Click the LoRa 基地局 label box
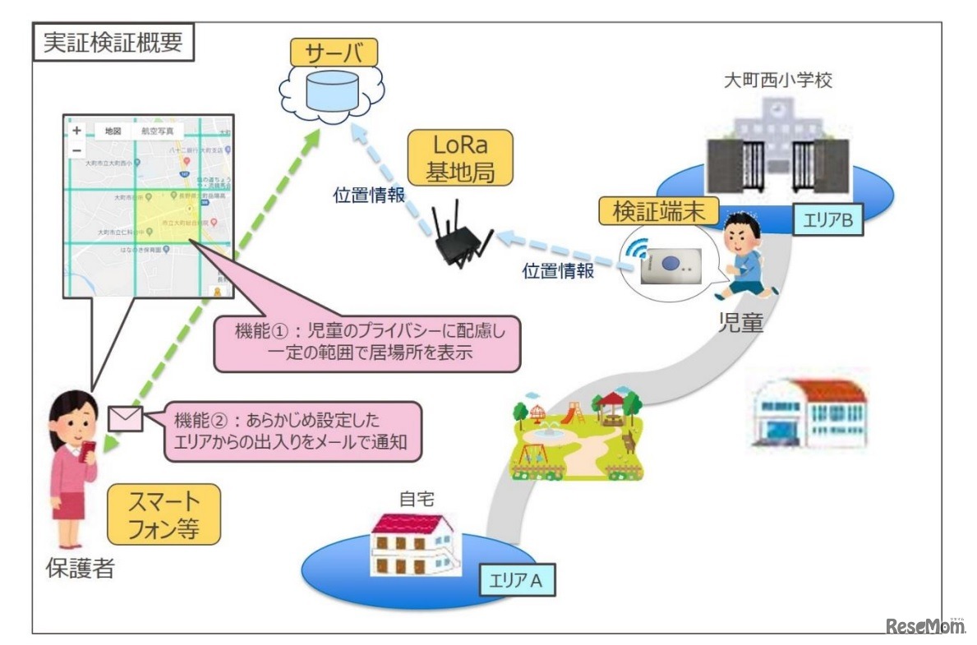459,159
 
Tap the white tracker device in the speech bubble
669,266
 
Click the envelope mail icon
125,419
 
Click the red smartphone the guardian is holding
90,449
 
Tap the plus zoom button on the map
76,131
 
